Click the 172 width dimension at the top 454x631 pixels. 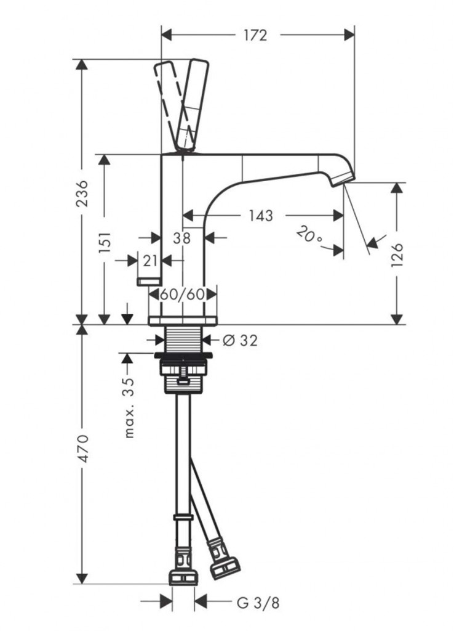[x=255, y=35]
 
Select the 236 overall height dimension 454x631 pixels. [x=82, y=193]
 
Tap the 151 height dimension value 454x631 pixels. [x=105, y=242]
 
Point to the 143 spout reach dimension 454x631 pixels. [x=260, y=216]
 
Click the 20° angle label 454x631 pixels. [x=309, y=235]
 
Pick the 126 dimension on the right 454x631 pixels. [x=396, y=253]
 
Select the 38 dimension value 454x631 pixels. [x=181, y=238]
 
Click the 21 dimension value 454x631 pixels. [x=150, y=261]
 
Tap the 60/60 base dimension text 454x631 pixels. [x=183, y=295]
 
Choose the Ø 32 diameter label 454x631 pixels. [x=240, y=341]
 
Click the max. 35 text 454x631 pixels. [x=129, y=407]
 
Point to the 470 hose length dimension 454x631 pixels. [x=82, y=449]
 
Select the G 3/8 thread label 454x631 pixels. [x=258, y=603]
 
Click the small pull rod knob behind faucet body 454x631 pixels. [x=149, y=281]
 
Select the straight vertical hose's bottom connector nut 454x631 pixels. [x=183, y=576]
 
